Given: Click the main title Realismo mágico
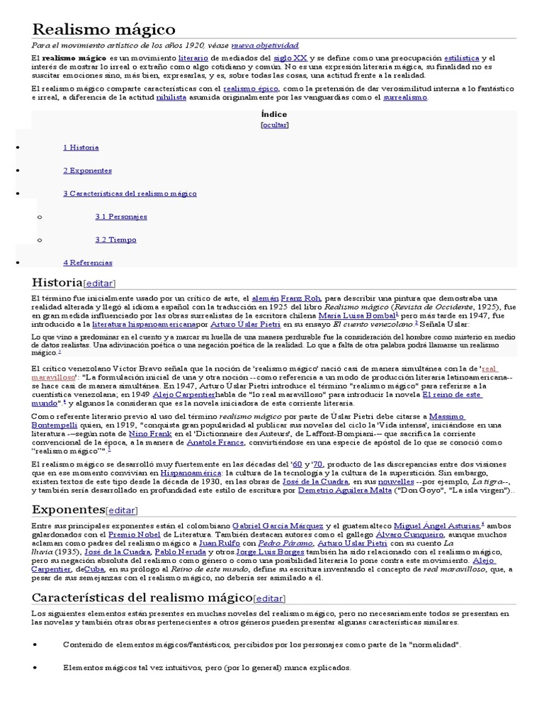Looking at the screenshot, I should (x=103, y=29).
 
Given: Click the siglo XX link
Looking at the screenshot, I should (x=290, y=57).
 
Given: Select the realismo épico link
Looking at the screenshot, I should (x=251, y=89).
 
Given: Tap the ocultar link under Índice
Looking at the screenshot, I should (x=274, y=125).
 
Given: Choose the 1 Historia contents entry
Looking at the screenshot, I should (x=81, y=147).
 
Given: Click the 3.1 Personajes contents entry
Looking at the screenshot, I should (x=121, y=216).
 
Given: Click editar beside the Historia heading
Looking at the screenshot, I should (x=99, y=283).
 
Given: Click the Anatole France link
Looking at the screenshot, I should (x=215, y=442).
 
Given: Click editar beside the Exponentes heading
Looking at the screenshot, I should (x=121, y=510).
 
